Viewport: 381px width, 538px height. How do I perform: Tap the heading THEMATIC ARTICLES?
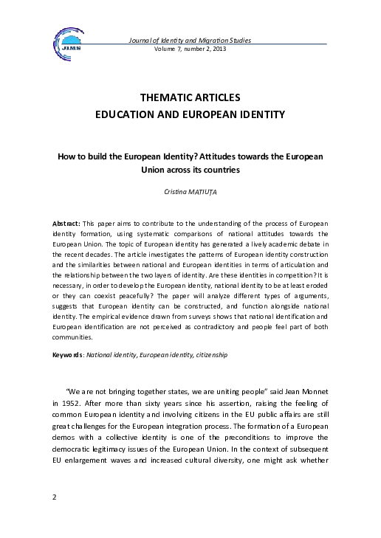[190, 98]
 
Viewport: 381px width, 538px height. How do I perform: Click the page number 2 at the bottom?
[55, 517]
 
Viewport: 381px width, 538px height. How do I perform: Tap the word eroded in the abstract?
[316, 280]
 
